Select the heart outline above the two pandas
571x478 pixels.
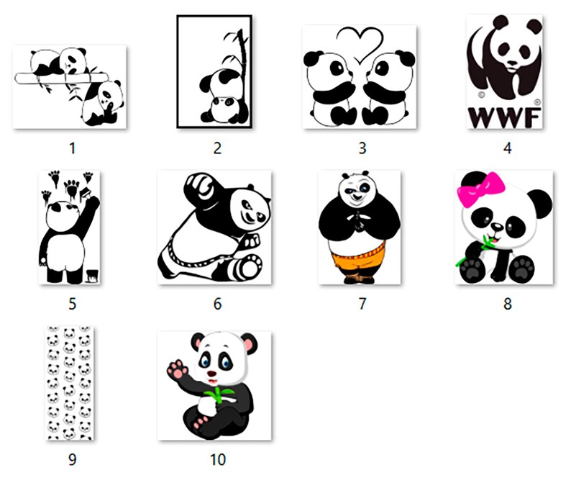359,43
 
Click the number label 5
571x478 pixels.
72,304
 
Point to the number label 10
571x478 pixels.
216,459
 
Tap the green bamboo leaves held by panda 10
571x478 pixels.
218,395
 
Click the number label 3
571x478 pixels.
362,148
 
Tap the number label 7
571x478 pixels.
362,304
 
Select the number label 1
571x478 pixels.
72,148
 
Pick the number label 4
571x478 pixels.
507,148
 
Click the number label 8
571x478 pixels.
507,304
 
